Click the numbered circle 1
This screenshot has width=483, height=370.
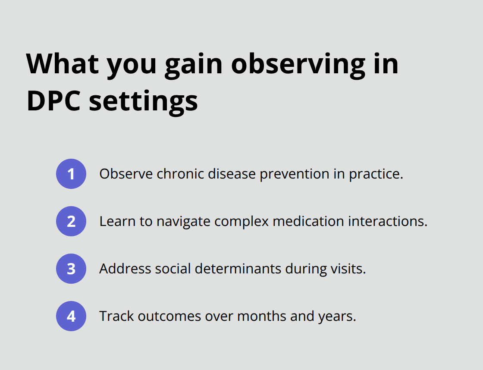coord(71,174)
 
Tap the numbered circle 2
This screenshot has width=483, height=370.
coord(71,221)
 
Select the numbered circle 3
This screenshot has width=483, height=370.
coord(71,269)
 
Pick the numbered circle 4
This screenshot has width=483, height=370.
coord(71,316)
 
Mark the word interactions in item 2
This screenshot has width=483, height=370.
coord(388,221)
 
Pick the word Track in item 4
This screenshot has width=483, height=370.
coord(116,316)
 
